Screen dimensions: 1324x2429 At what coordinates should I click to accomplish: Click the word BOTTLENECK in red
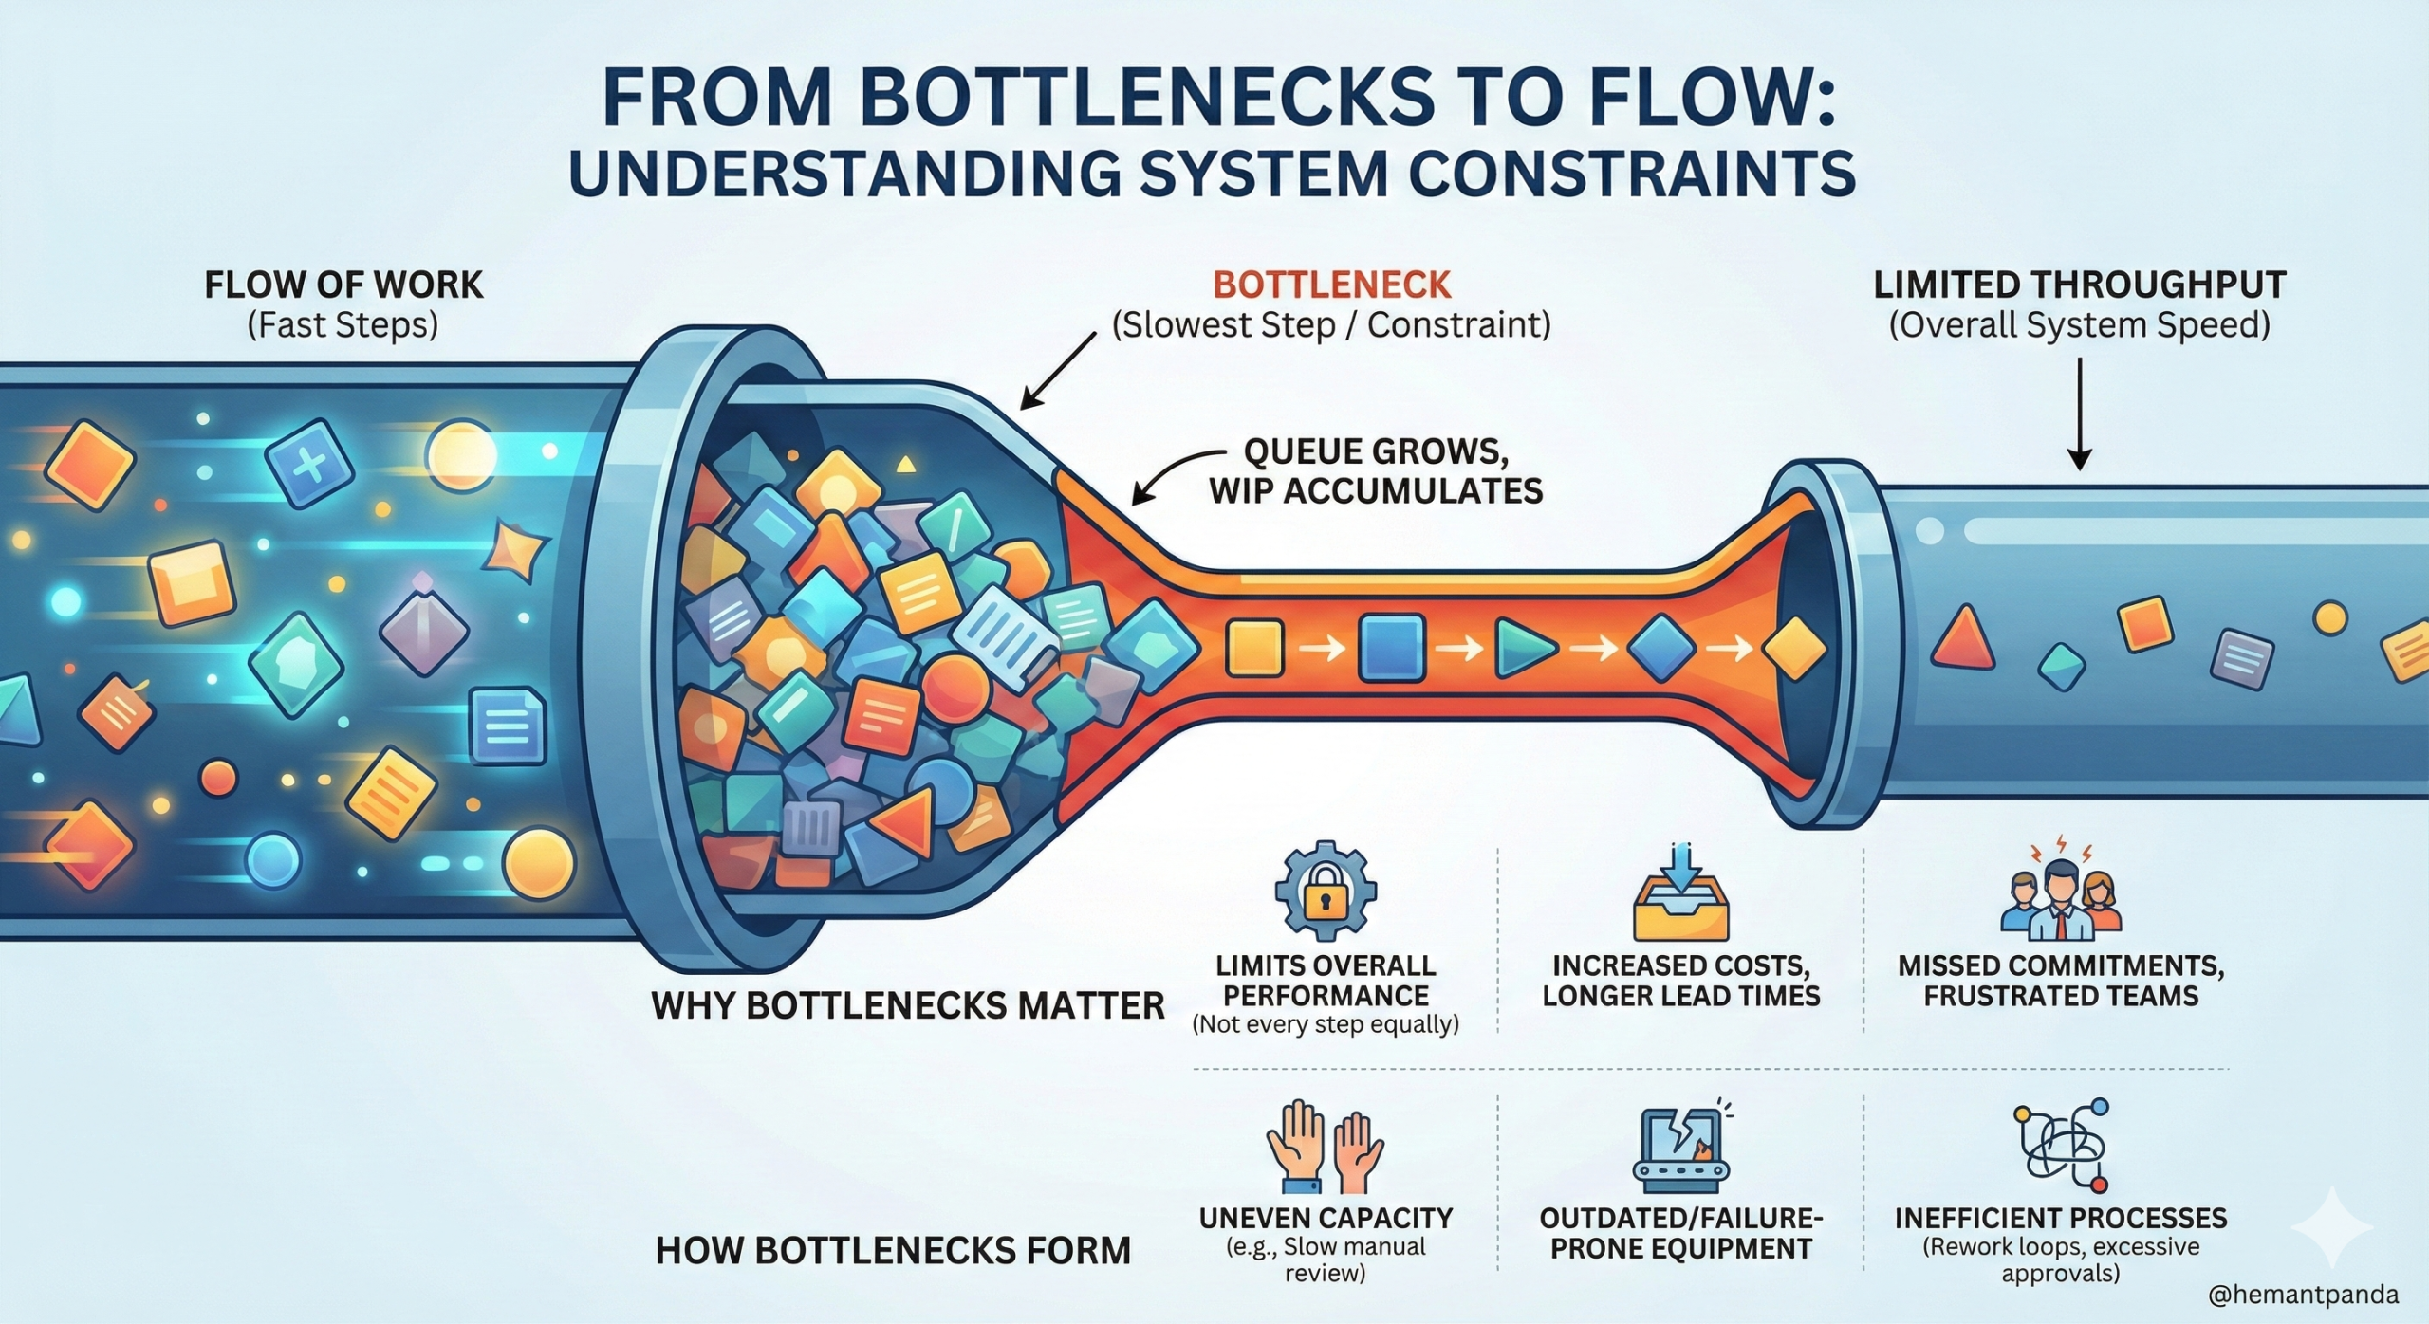1331,285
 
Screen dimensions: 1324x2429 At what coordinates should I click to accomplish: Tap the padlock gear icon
1325,892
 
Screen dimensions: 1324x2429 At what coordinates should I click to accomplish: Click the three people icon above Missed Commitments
2060,895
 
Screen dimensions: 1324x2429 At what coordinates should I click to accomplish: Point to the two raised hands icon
1325,1147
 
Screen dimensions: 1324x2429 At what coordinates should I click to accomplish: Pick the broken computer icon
1680,1147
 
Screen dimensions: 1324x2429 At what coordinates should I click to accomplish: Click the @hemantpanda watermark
2303,1295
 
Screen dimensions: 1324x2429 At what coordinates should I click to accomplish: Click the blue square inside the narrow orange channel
1392,648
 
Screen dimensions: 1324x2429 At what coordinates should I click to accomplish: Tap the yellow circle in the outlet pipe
2329,618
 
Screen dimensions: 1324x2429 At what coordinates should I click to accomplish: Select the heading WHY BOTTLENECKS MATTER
907,1005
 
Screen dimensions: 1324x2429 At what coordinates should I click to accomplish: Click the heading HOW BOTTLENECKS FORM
893,1250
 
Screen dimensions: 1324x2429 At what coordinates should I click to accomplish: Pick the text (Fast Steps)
343,325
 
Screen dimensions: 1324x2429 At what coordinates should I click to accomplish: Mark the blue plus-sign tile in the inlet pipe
308,464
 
